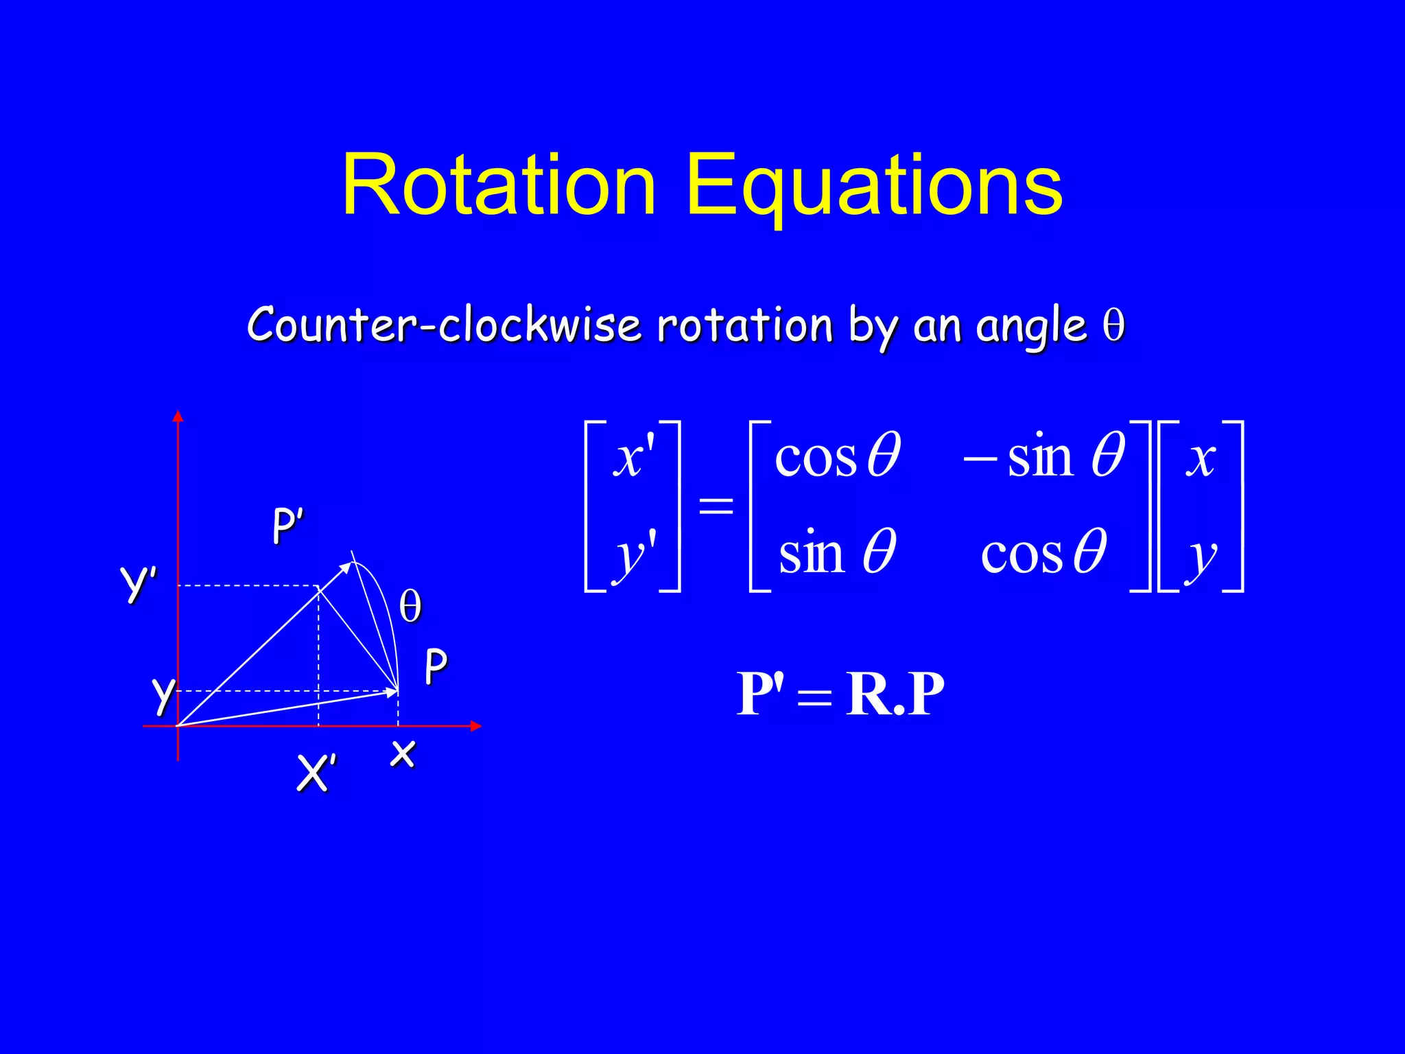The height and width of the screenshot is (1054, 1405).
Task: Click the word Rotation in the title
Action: coord(499,185)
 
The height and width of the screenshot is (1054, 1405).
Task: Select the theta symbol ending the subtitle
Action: coord(1113,325)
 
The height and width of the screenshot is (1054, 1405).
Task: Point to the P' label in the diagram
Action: coord(287,527)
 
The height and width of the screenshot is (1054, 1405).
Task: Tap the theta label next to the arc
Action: coord(410,607)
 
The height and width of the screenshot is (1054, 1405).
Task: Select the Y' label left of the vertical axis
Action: coord(139,583)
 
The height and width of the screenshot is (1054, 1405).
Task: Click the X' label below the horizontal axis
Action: coord(316,773)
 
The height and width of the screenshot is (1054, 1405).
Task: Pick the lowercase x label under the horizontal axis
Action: coord(403,753)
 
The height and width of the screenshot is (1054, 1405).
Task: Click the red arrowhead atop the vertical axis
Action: coord(178,416)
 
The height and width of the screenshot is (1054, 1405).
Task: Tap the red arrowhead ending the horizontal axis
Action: coord(476,726)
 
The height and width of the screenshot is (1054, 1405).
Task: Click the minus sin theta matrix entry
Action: coord(1043,456)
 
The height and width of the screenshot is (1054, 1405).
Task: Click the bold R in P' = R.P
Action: coord(869,694)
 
